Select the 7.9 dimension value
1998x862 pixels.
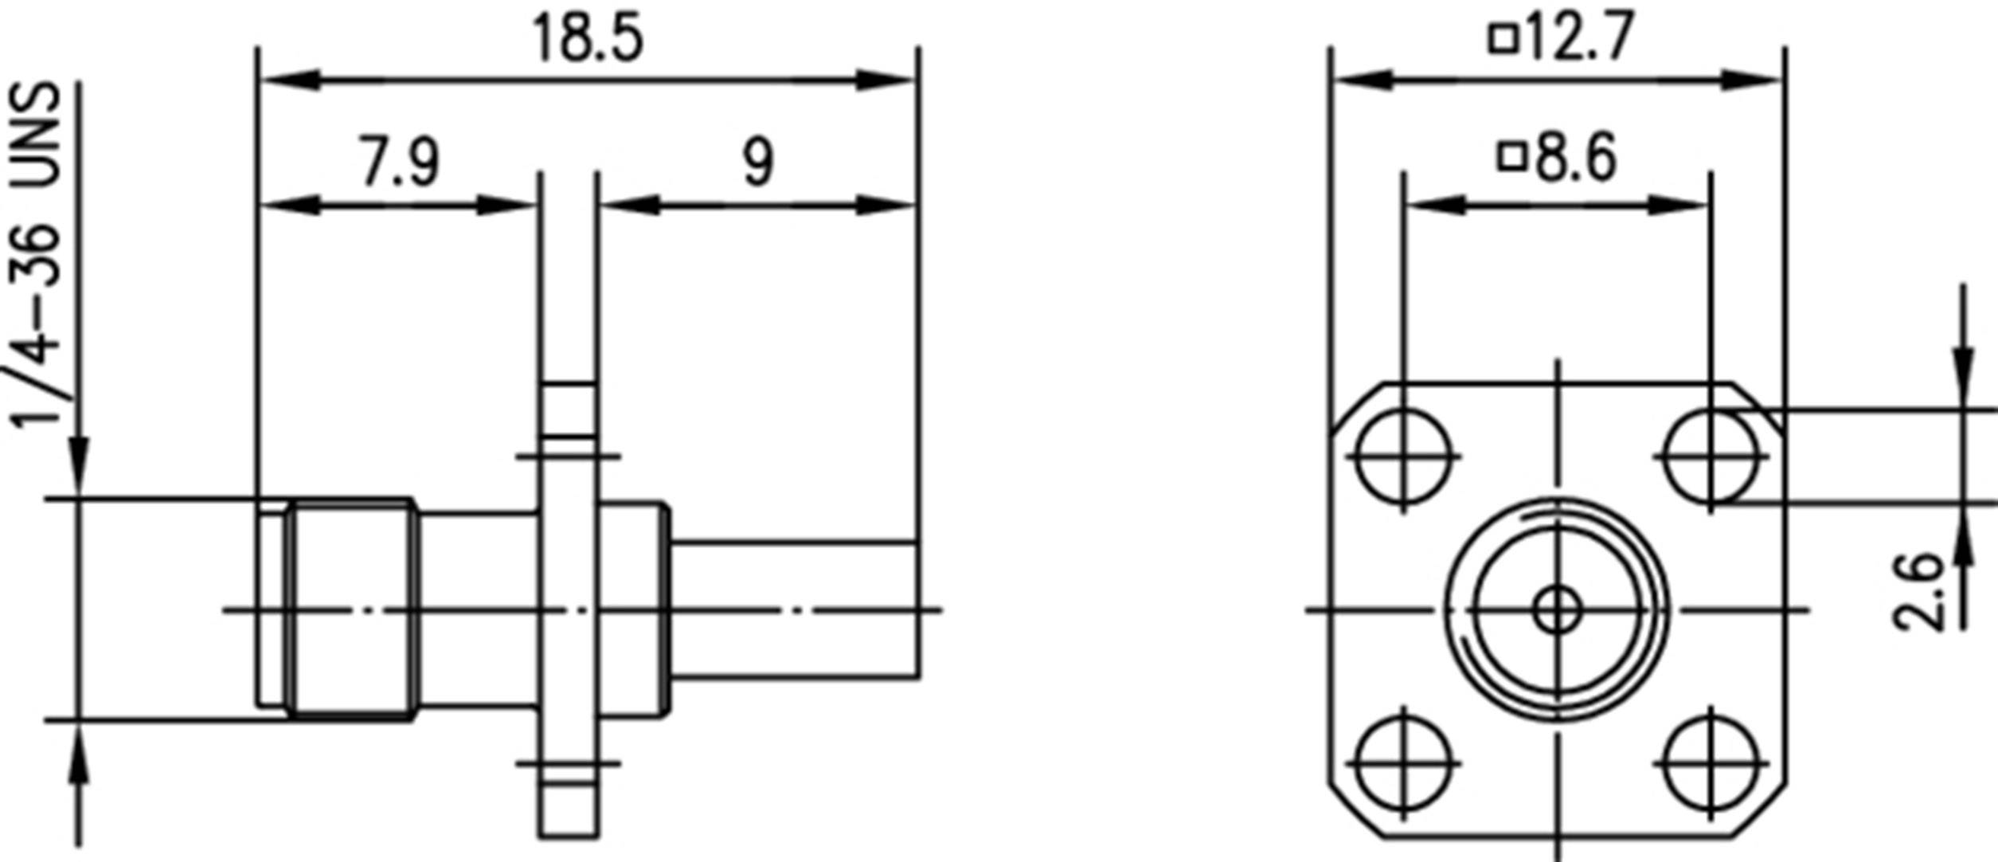399,163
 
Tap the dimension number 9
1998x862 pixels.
757,163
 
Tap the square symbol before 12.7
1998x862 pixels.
1503,39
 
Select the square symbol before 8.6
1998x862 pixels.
1512,157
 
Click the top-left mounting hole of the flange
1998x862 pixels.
1403,456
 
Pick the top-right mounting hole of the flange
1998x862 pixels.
1711,456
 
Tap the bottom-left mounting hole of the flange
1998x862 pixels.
1403,763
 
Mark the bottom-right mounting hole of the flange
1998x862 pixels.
1711,763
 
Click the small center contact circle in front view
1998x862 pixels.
1558,611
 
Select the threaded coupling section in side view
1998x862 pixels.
351,610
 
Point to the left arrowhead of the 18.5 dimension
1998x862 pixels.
291,80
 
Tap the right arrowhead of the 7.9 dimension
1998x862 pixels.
505,206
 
